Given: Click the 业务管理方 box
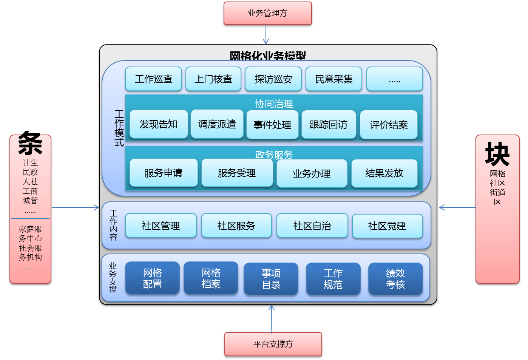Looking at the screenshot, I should coord(267,14).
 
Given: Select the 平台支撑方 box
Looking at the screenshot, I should coord(273,344).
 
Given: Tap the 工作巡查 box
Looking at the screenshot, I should coord(153,79).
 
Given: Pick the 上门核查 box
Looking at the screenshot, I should coord(213,79).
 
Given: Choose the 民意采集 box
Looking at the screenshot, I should coord(334,79).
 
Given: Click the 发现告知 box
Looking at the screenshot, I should coord(159,124).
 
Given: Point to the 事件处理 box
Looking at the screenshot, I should coord(272,125).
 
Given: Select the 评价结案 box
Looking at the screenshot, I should coord(389,125).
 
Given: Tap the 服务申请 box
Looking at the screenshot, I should coord(164,173).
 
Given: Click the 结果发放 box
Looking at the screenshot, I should coord(384,173).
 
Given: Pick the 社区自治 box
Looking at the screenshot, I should coord(312,226).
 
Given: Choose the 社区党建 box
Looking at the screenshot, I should coord(387,226).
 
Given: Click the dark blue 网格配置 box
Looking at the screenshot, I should coord(152,278).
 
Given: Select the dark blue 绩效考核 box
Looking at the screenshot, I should coord(395,279).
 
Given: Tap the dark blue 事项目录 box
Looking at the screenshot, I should coord(271,279).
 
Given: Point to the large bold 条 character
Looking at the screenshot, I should coord(30,143).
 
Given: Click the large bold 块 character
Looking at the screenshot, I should coord(497,154).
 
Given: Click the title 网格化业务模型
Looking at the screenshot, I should coord(268,56).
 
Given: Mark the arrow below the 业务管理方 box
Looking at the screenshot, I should coord(266,35).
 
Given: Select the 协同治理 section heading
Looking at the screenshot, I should coord(274,104).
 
